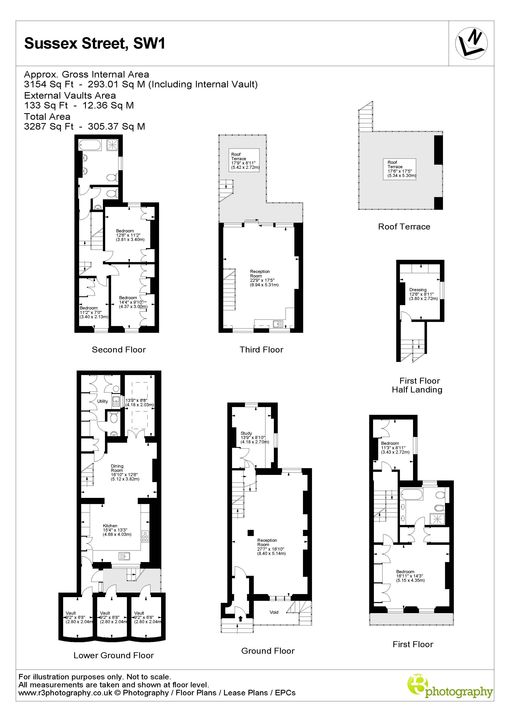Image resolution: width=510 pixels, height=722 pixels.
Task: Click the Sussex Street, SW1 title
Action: (x=95, y=43)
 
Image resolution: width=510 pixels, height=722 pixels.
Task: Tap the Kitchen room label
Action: (x=110, y=526)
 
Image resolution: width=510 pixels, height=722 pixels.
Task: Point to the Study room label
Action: (x=246, y=433)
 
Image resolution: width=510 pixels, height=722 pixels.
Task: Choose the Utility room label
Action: (x=102, y=401)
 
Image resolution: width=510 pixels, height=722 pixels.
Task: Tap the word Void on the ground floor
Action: (x=274, y=612)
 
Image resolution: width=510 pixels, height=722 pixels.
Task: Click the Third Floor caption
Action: (x=261, y=350)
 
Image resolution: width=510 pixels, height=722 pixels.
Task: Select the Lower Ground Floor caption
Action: (x=114, y=655)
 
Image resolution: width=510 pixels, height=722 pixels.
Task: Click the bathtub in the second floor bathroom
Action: (x=90, y=145)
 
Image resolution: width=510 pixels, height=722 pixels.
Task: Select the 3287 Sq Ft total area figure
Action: (x=49, y=126)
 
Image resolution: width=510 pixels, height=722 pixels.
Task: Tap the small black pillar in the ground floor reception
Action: (x=251, y=533)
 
